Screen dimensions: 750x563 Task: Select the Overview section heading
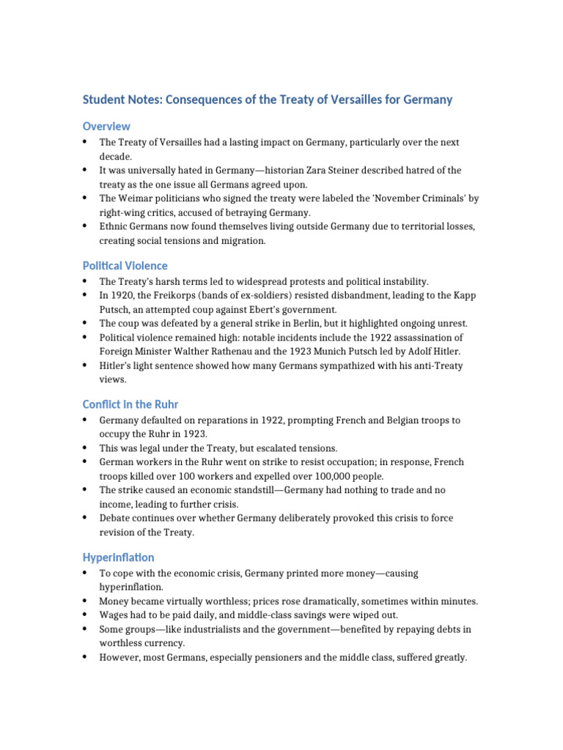106,126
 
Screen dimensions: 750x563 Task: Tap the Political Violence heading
125,266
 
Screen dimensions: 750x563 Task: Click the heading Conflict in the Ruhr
130,404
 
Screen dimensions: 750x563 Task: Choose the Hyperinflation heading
119,557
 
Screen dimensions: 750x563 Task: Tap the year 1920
122,295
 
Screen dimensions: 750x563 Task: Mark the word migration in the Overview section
229,240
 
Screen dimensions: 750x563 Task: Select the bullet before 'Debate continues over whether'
86,518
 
